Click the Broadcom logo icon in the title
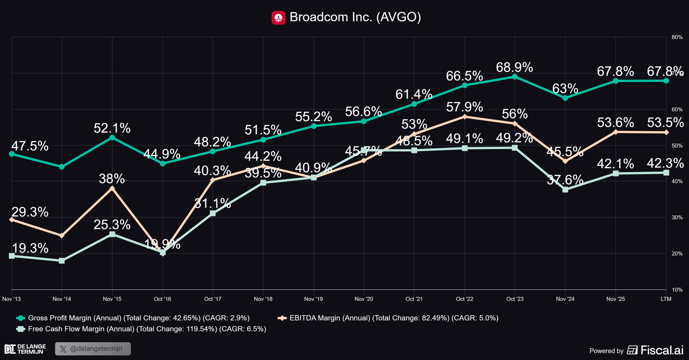(278, 18)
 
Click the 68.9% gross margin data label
(514, 68)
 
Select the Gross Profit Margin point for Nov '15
(112, 137)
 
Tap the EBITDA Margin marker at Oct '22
(464, 116)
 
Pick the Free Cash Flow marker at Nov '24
(565, 189)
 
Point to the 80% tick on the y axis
(677, 37)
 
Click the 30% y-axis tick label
(677, 217)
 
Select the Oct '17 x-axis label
(213, 299)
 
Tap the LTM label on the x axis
(666, 299)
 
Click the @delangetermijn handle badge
(93, 349)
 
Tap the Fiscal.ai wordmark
(661, 350)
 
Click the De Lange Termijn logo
(25, 349)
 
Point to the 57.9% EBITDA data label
(464, 107)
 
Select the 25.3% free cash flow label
(112, 225)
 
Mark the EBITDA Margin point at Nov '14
(62, 236)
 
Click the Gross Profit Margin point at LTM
(666, 81)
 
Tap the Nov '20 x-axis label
(364, 299)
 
